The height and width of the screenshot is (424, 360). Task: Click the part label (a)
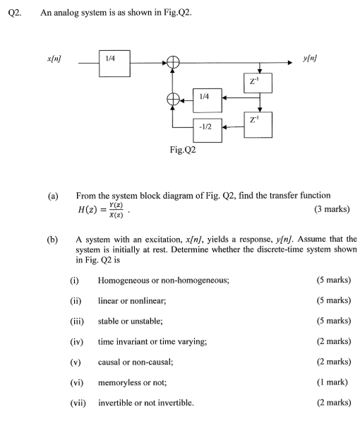point(52,196)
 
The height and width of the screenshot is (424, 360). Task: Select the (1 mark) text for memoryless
point(332,382)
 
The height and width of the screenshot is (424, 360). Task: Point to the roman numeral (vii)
point(79,403)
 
